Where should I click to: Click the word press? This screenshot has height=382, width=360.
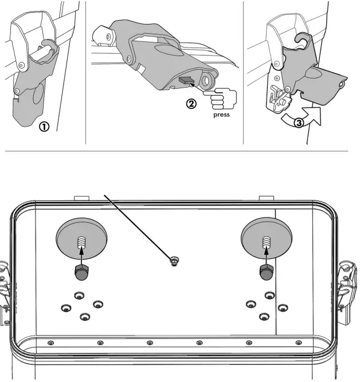pos(221,115)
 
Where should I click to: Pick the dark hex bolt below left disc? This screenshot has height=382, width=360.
pos(81,273)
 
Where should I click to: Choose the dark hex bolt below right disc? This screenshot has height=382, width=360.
pos(265,273)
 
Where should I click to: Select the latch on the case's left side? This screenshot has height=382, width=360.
pos(4,286)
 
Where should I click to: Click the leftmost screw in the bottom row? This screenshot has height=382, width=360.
pos(50,342)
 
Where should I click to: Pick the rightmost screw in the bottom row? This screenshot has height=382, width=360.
pos(298,342)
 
